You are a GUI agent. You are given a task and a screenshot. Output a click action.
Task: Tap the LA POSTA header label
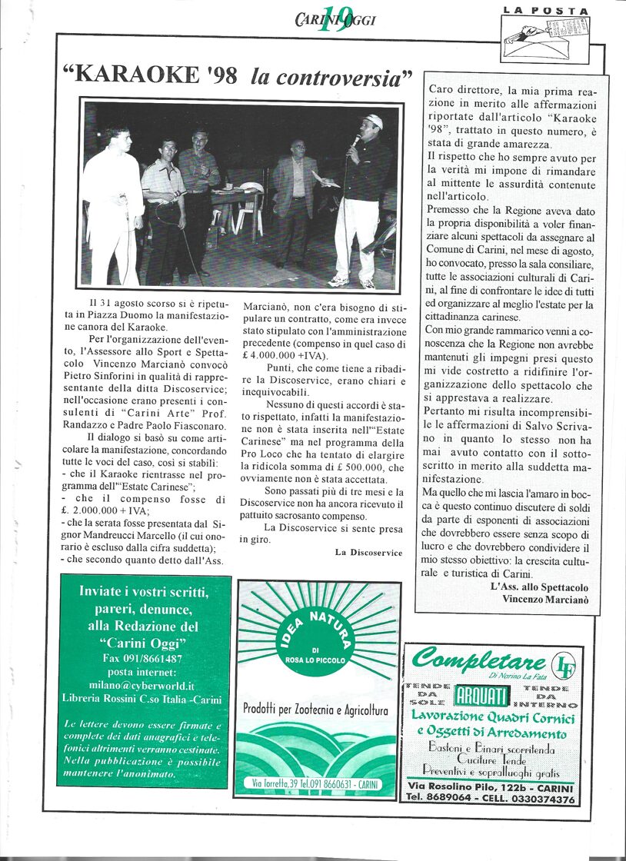coord(546,11)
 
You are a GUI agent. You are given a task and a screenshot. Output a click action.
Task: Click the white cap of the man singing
coord(373,121)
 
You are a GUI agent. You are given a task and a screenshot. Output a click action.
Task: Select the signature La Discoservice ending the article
coord(368,552)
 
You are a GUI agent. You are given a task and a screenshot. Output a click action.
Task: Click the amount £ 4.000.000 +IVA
coord(285,356)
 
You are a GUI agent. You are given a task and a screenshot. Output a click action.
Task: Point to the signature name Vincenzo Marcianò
coord(545,599)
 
